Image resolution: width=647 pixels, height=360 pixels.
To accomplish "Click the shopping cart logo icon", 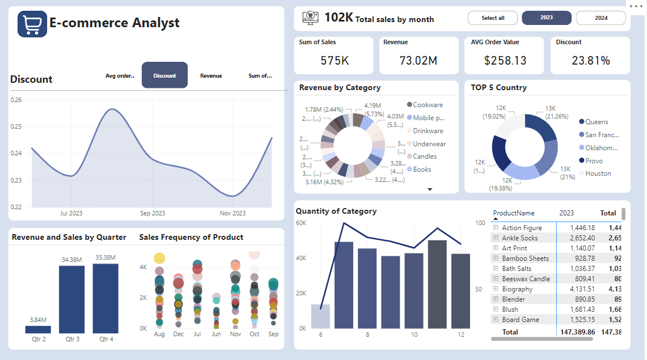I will pos(32,23).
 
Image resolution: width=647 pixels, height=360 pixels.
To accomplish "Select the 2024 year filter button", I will pos(601,18).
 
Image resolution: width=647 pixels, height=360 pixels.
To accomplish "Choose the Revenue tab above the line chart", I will pos(211,75).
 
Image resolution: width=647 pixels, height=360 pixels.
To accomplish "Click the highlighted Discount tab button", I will pos(164,75).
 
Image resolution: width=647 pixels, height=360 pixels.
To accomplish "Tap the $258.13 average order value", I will pos(505,60).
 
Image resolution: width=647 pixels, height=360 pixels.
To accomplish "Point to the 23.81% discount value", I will pos(590,60).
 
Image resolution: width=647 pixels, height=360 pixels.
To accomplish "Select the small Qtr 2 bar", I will pos(38,329).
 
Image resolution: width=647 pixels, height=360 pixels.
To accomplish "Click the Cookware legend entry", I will pos(428,105).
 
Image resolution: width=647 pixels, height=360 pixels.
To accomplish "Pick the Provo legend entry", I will pos(594,161).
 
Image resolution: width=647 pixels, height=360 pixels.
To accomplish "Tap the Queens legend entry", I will pos(596,122).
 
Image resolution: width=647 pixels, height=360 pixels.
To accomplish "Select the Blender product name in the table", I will pos(513,299).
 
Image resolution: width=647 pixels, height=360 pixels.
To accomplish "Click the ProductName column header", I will pos(514,213).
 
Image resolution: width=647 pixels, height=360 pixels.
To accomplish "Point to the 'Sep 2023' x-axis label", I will pos(153,214).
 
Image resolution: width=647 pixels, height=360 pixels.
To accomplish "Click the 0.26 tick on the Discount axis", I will pos(16,100).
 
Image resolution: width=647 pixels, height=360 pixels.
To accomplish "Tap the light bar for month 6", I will pos(320,316).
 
